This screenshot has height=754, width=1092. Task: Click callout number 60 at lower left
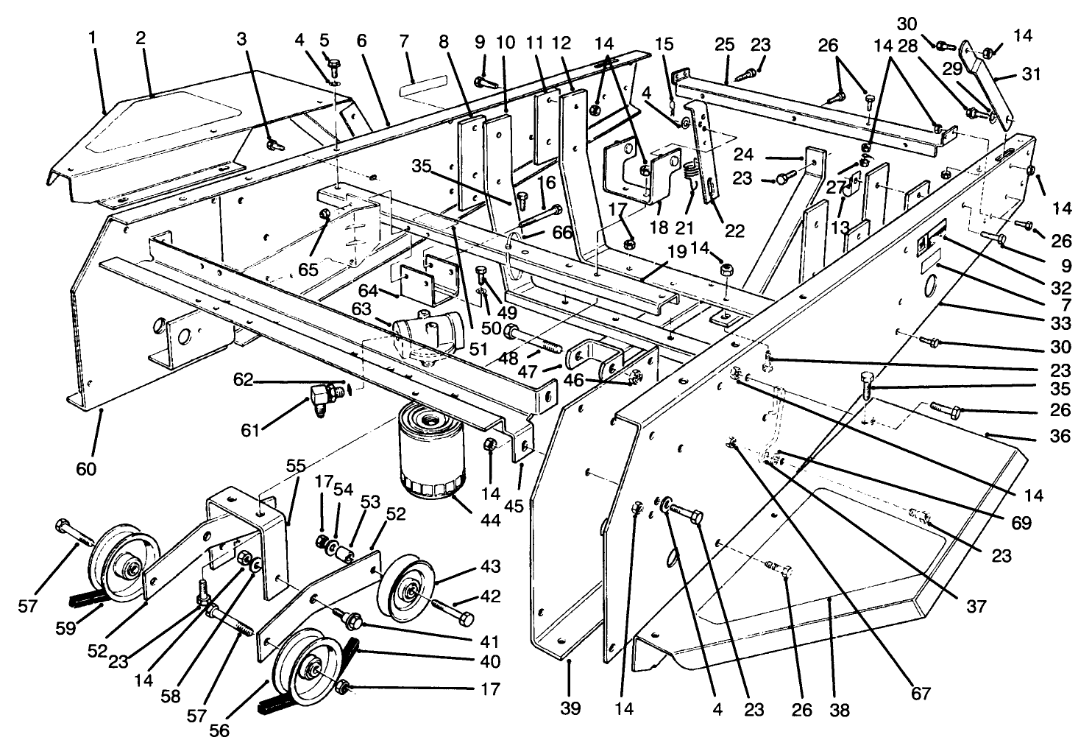(86, 468)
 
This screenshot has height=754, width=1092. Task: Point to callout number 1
(93, 35)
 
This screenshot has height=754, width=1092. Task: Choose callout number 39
(570, 708)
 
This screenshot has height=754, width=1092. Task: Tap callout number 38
(840, 710)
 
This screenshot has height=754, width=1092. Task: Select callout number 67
(920, 693)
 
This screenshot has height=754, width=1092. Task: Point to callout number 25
(724, 45)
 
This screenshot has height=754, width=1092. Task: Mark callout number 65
(308, 269)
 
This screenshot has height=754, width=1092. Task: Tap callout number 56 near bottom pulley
(219, 730)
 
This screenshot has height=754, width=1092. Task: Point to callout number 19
(678, 252)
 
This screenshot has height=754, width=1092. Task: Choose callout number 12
(565, 43)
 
